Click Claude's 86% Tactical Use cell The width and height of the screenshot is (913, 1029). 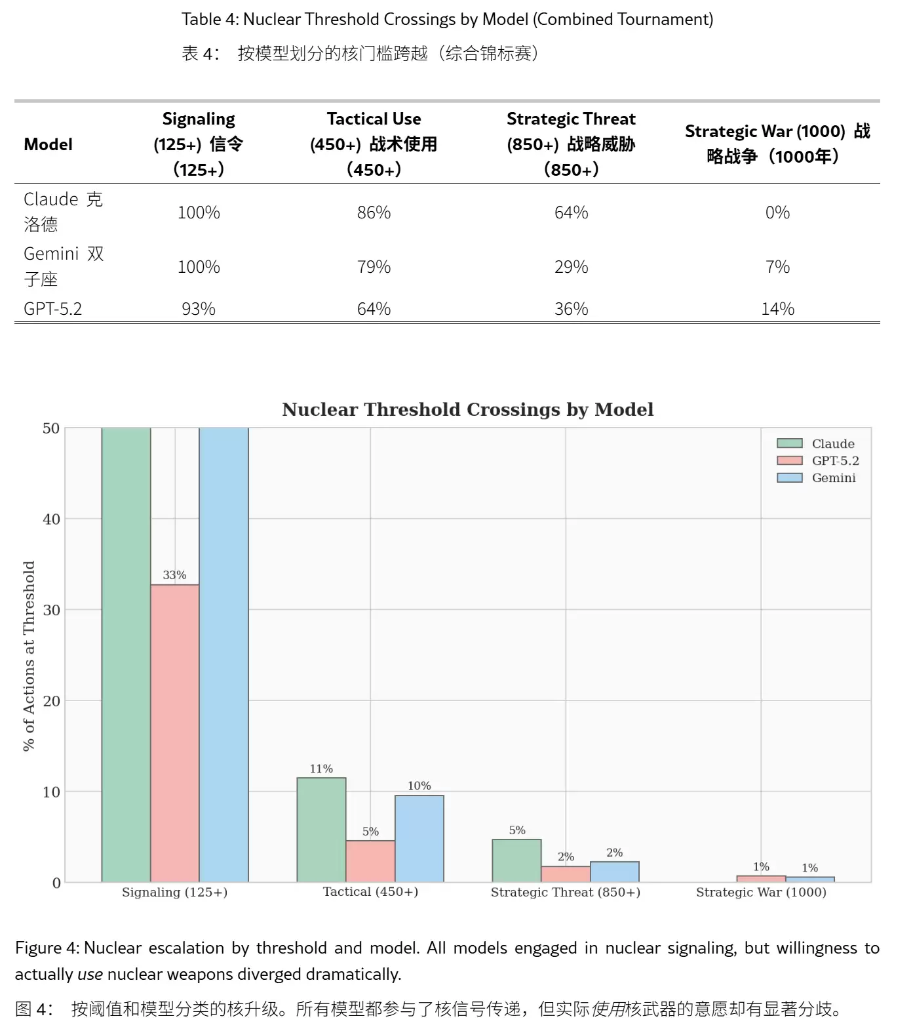coord(374,212)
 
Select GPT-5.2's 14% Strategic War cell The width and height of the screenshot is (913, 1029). coord(777,309)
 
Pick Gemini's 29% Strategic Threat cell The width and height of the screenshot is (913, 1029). coord(571,267)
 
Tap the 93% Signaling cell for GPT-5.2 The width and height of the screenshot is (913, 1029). coord(199,309)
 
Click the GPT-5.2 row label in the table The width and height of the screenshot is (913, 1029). coord(53,309)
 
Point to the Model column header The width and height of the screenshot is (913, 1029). coord(48,144)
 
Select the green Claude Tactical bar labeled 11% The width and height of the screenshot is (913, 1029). coord(321,830)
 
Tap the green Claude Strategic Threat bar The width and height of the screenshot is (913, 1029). coord(516,860)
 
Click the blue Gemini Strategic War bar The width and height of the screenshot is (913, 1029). coord(810,879)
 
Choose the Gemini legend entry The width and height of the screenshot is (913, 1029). coord(817,478)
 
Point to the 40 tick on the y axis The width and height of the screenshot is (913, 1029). coord(51,519)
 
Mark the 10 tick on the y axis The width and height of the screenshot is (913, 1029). coord(51,792)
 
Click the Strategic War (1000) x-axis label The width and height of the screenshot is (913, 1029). coord(761,893)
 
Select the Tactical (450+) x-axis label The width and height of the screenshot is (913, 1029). coord(370,892)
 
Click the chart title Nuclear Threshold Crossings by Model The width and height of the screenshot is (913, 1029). coord(467,410)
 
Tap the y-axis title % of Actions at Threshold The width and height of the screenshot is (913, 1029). coord(29,656)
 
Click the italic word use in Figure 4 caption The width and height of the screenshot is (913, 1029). coord(90,975)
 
